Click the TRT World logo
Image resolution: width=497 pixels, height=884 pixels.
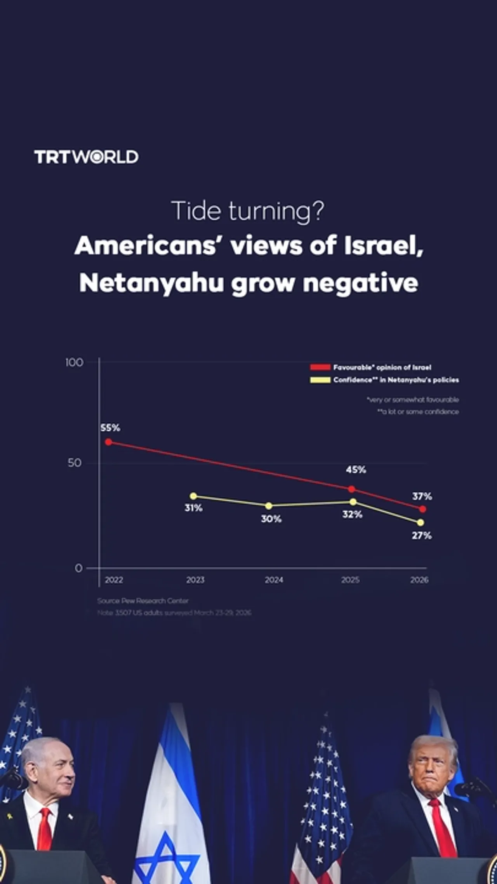point(86,157)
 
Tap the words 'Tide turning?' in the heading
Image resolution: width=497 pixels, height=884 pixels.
point(247,211)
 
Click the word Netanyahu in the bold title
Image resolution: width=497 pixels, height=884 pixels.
point(151,283)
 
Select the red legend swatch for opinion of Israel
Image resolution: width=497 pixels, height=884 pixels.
point(320,367)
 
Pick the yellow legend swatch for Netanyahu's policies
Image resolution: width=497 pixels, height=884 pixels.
point(320,380)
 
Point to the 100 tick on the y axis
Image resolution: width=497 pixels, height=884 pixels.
point(74,362)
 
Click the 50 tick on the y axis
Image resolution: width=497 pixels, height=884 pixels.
point(75,463)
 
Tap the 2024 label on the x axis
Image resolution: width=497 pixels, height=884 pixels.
point(274,580)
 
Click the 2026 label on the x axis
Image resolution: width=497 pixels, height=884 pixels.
point(419,580)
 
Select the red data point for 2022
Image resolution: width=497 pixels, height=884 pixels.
point(109,442)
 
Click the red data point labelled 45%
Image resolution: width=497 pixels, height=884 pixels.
point(351,489)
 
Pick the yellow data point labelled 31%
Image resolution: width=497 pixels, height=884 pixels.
point(193,496)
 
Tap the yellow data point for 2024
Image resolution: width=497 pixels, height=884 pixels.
point(269,506)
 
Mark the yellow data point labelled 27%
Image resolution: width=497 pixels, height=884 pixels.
point(421,522)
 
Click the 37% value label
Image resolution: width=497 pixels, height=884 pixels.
point(422,496)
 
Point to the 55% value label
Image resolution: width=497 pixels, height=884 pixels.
point(110,428)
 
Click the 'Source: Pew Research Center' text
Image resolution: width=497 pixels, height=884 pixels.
point(142,601)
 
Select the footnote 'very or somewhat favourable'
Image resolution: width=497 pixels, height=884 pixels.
point(413,400)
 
